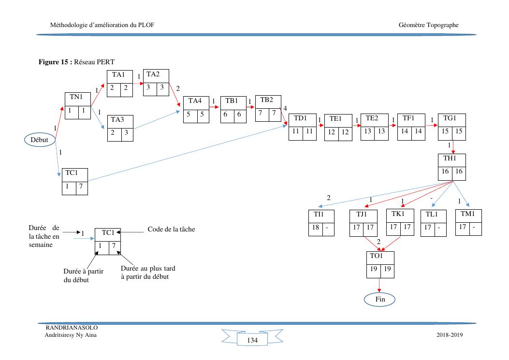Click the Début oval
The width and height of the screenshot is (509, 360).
(40, 140)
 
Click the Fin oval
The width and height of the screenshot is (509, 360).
(379, 300)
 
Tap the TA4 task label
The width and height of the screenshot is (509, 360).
(194, 101)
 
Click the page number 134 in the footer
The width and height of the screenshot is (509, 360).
(252, 341)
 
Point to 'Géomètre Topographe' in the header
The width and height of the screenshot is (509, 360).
(429, 25)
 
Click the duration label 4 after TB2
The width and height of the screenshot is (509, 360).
(285, 108)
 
